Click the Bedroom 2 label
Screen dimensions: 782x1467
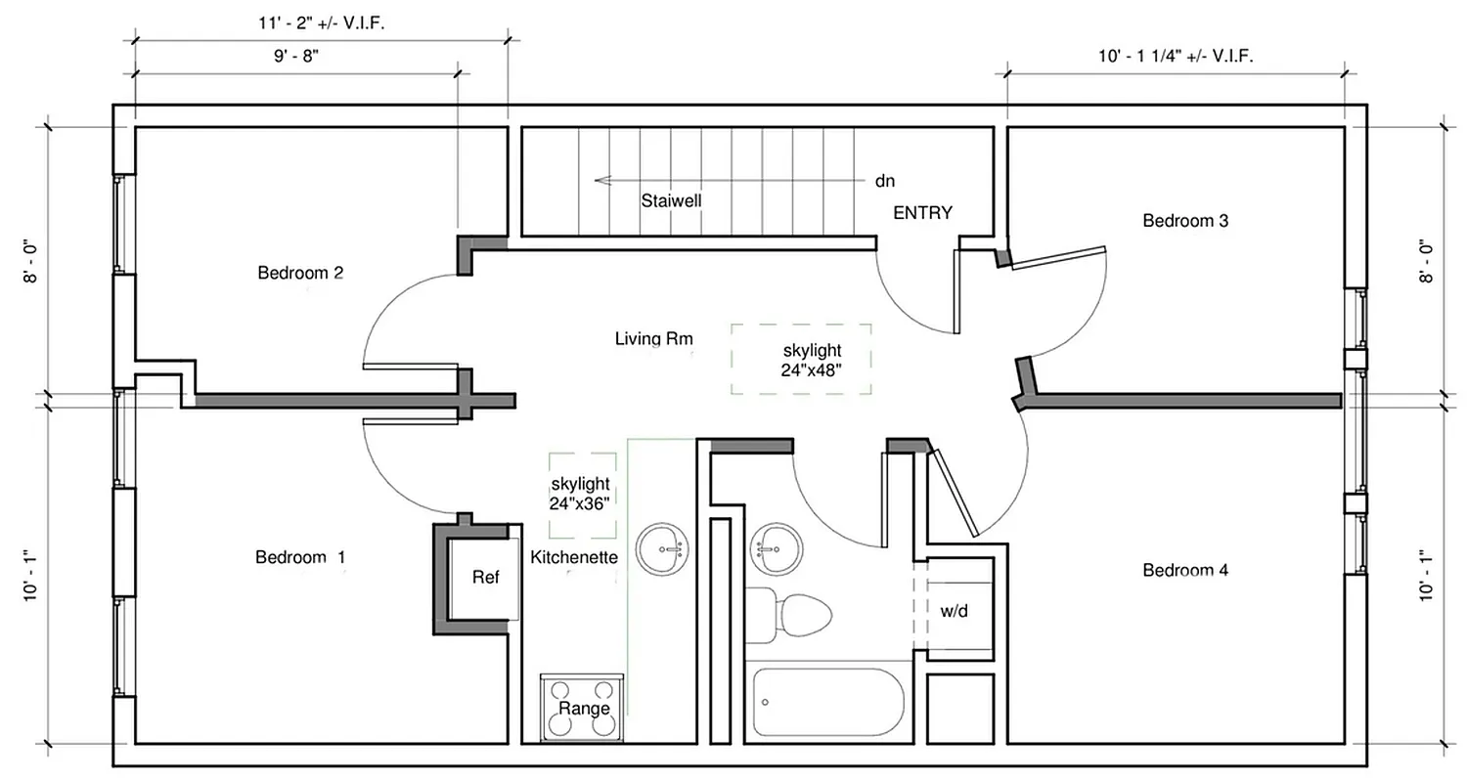click(300, 273)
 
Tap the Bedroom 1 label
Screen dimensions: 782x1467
click(300, 557)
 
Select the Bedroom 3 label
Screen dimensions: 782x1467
click(1185, 221)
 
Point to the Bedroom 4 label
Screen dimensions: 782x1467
click(1185, 570)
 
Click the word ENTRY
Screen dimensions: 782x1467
click(922, 212)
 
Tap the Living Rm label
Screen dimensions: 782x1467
click(654, 339)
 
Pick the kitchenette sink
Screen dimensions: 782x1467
click(662, 550)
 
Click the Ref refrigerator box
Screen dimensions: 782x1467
click(484, 578)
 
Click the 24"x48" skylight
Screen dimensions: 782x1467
click(801, 360)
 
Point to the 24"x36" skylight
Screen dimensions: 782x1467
click(582, 495)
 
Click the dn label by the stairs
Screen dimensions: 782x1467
click(884, 181)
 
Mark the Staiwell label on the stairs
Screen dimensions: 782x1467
click(672, 200)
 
